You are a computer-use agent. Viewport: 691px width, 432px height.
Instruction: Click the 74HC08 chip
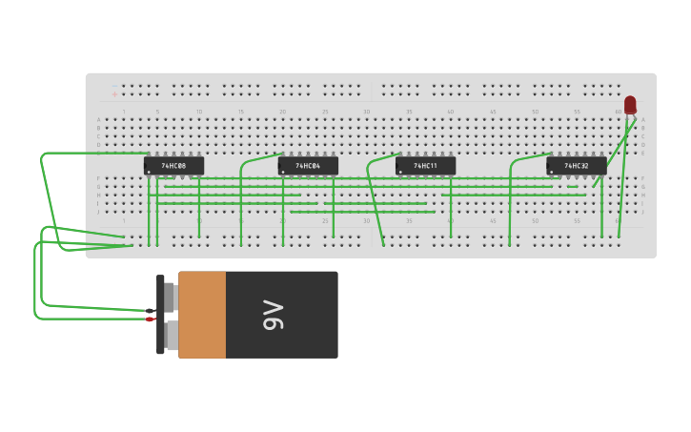click(173, 166)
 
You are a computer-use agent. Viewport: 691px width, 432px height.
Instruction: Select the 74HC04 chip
click(308, 166)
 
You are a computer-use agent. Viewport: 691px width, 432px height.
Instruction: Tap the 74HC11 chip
click(425, 166)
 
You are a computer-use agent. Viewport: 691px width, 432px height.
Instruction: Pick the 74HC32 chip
click(576, 166)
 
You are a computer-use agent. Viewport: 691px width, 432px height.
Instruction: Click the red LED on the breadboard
click(630, 104)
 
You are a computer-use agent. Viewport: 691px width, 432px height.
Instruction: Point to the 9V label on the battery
click(273, 315)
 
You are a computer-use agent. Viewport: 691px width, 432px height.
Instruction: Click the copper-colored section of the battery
click(202, 315)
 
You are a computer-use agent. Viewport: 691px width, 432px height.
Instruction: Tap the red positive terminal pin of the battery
click(151, 319)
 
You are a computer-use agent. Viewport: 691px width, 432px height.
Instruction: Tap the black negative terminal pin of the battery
click(151, 310)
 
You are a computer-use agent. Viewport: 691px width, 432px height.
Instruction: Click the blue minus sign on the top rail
click(114, 86)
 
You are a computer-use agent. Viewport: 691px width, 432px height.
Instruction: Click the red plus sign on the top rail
click(114, 94)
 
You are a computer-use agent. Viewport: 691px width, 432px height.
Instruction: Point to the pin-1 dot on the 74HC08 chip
click(150, 173)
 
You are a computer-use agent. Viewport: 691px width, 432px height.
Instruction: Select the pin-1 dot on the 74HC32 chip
click(552, 173)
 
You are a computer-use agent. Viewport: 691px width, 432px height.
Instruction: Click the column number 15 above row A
click(241, 112)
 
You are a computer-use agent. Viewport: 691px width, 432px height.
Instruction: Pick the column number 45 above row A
click(493, 112)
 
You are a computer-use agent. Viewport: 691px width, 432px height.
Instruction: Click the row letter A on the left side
click(98, 120)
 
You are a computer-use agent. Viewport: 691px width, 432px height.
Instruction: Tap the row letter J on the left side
click(98, 212)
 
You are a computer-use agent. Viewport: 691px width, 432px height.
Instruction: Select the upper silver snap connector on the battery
click(171, 297)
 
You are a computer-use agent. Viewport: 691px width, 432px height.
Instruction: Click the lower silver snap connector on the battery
click(171, 336)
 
